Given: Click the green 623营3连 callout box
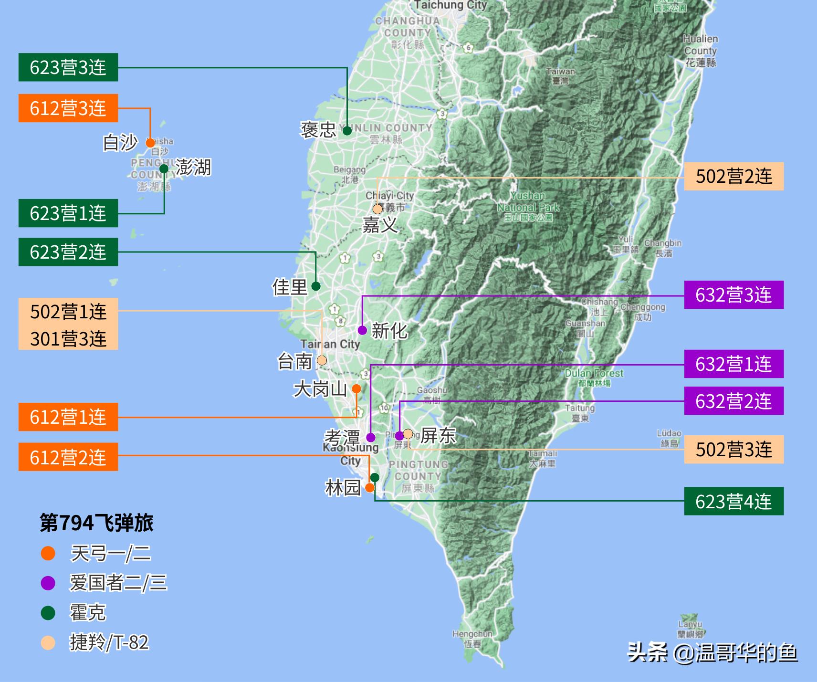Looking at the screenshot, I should click(68, 67).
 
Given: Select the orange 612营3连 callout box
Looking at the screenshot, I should click(68, 108).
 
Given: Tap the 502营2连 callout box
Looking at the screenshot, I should click(733, 177).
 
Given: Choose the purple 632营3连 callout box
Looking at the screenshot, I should click(733, 295).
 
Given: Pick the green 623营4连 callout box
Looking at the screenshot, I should click(733, 501).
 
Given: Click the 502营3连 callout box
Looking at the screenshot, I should click(733, 449).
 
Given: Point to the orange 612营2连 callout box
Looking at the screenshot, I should click(68, 457).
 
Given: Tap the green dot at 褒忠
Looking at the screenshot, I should click(347, 130).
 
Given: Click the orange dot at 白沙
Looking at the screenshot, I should click(150, 143).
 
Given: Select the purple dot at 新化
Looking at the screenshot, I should click(362, 330).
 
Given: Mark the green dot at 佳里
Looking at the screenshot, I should click(316, 286).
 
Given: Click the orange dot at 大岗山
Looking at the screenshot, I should click(356, 389).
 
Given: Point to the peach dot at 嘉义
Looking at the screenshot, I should click(377, 209).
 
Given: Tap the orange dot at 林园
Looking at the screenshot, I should click(369, 488).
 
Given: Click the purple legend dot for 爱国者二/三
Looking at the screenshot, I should click(48, 583).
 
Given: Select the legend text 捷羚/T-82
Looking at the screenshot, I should click(109, 642).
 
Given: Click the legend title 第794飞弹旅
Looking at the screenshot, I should click(96, 523).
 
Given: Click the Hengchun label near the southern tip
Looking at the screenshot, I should click(472, 638).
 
